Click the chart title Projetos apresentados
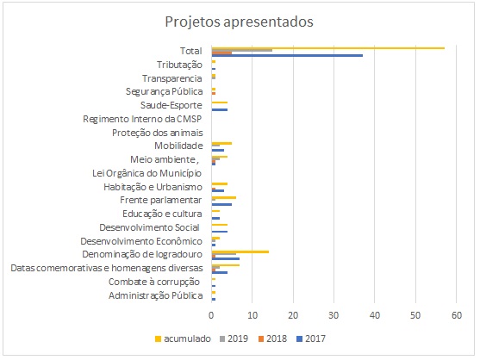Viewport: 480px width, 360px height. pos(239,22)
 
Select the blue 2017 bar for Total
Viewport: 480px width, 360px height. pos(287,55)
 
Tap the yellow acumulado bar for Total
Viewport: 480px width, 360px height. pos(328,48)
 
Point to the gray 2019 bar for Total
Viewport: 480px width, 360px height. pos(242,51)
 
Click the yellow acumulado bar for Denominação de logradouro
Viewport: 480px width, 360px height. pos(240,251)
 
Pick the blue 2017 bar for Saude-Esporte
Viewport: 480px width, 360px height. pos(220,109)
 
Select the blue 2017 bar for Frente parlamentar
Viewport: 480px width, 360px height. pos(221,204)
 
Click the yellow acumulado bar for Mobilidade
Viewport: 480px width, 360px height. pos(221,143)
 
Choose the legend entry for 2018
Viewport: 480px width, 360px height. pos(272,338)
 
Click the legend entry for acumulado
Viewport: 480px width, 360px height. pos(183,338)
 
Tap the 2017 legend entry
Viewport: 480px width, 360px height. pos(311,338)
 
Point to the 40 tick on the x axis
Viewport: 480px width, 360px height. pos(375,315)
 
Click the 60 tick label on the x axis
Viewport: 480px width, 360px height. pos(457,315)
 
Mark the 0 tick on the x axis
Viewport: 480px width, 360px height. pos(211,315)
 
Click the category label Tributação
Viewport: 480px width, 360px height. pos(179,65)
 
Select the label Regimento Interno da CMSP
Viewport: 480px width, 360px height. pos(142,119)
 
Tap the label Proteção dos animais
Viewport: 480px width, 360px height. pos(158,133)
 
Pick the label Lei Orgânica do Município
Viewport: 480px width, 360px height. pos(147,173)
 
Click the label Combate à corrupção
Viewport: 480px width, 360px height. pos(154,282)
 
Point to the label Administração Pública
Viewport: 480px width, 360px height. pos(155,295)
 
